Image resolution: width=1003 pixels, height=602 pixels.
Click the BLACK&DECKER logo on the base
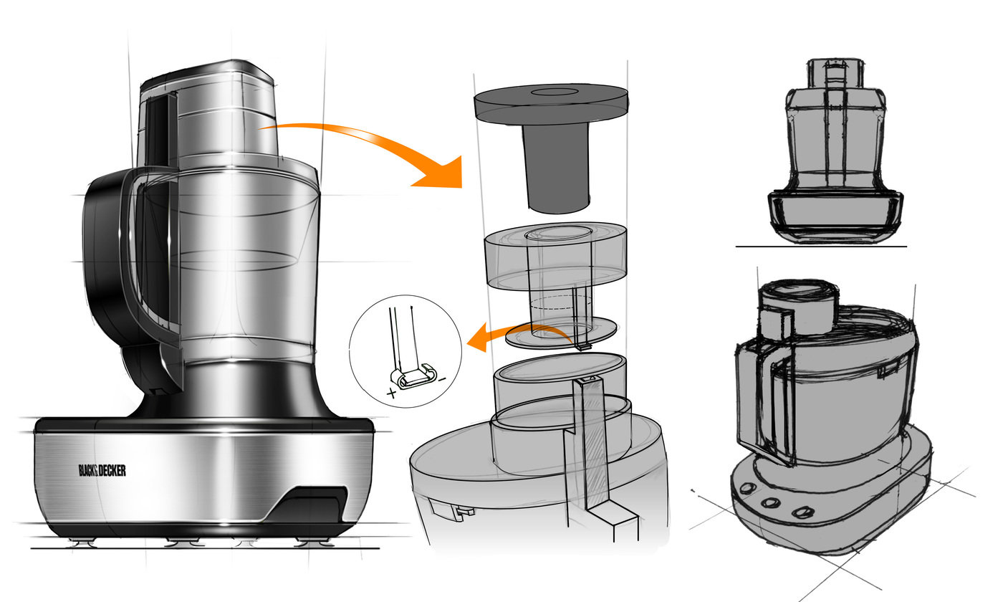tap(102, 470)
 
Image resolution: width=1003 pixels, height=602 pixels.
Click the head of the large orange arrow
tap(441, 173)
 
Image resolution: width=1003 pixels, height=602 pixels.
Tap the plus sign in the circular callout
tap(392, 393)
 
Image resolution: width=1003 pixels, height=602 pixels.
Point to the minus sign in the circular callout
tap(443, 380)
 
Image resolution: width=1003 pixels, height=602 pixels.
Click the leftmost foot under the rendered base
tap(84, 543)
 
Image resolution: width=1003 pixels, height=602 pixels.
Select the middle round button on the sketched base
tap(771, 502)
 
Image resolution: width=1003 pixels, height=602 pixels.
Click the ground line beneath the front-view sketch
tap(821, 247)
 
